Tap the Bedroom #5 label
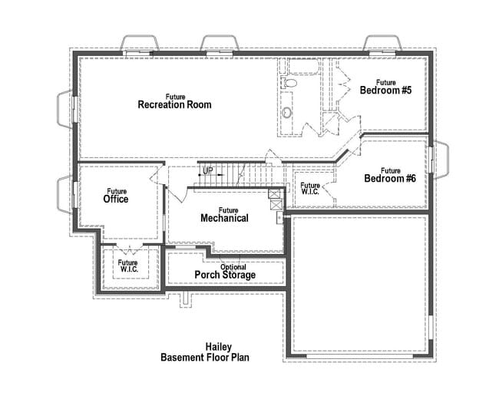coord(386,87)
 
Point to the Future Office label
coord(116,196)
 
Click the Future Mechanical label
coord(224,215)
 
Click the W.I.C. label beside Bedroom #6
coord(310,189)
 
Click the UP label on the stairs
coord(208,170)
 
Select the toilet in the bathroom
coord(289,83)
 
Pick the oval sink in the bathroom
coord(287,113)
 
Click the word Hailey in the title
coord(218,347)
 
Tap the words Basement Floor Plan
coord(205,358)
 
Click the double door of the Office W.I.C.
coord(127,251)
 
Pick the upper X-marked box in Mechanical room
coord(274,194)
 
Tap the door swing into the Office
coord(156,177)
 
